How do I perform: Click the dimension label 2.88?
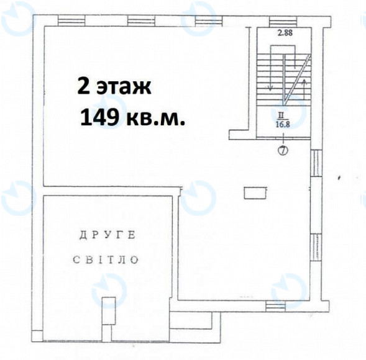(x=285, y=32)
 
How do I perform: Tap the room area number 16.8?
(x=283, y=124)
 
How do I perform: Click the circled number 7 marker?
(x=283, y=150)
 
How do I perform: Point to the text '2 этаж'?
(x=114, y=86)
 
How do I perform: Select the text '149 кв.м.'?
(x=132, y=117)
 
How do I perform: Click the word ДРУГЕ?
(x=108, y=235)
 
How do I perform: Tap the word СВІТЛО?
(x=106, y=259)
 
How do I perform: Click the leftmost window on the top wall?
(x=71, y=20)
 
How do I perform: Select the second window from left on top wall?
(x=141, y=20)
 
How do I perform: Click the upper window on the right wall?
(x=316, y=163)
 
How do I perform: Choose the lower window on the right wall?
(x=316, y=248)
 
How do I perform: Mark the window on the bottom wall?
(x=275, y=305)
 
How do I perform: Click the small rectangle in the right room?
(x=255, y=193)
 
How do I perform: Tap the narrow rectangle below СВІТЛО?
(x=109, y=311)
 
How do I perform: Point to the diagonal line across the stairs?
(x=297, y=79)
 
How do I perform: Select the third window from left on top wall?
(x=208, y=21)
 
